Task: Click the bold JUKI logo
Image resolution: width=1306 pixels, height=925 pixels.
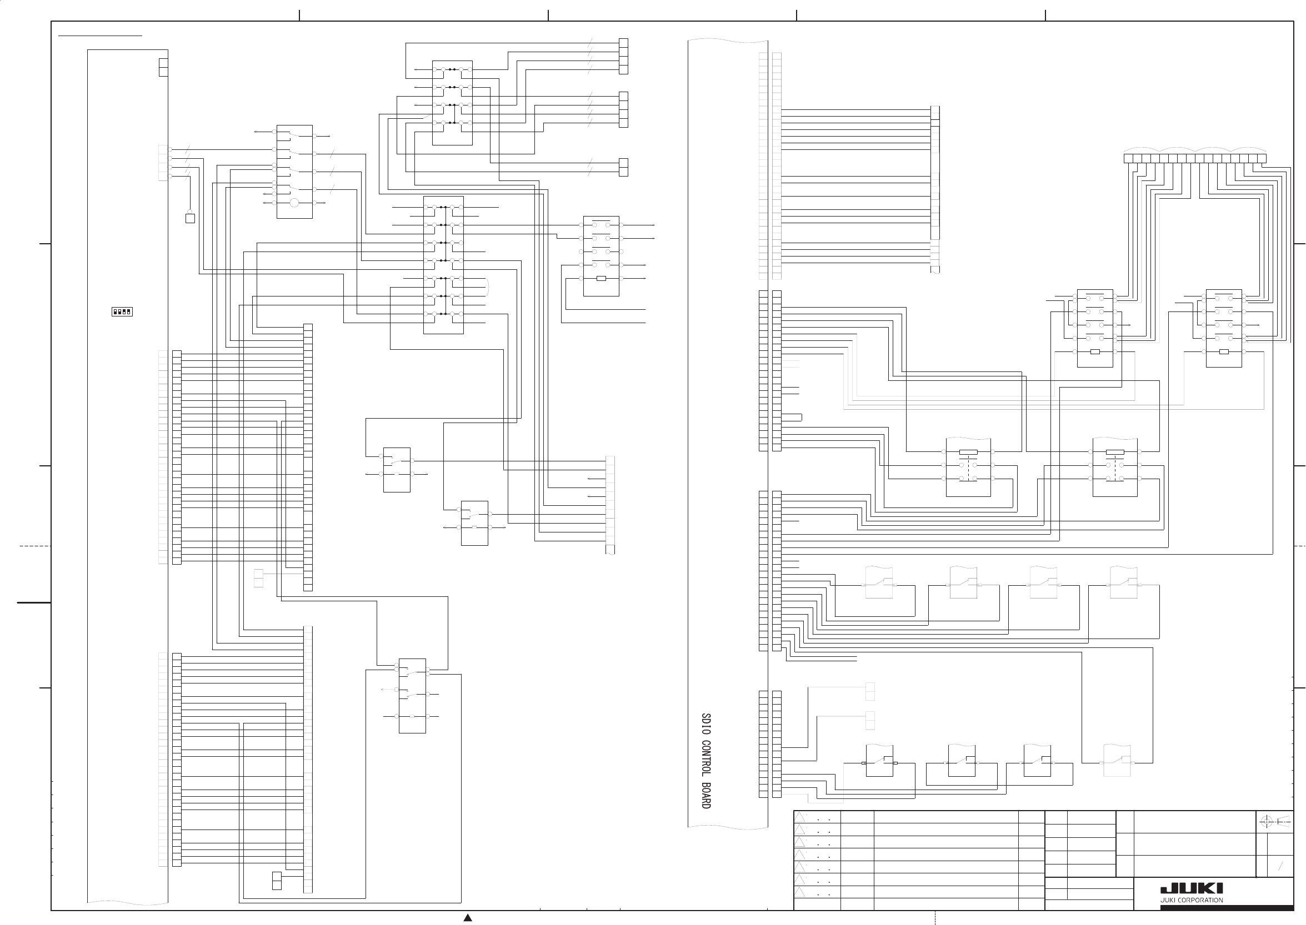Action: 1192,888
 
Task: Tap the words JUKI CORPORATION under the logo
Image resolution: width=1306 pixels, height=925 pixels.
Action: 1192,901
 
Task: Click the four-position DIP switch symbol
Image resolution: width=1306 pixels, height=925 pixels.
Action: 122,311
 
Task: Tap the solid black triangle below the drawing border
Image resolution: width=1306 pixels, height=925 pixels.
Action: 468,918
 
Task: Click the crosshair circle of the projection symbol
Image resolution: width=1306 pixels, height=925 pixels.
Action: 1266,822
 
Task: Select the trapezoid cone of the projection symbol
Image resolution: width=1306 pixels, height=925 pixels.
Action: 1283,822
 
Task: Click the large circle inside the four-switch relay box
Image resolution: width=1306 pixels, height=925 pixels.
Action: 294,203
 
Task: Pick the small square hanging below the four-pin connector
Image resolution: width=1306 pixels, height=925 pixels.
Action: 191,218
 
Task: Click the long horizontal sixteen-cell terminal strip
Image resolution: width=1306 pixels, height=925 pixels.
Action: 1195,158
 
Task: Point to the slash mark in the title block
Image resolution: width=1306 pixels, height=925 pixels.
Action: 1280,866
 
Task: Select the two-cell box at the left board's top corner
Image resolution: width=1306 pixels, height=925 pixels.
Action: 163,67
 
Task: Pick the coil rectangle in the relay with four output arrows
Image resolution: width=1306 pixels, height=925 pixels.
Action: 601,279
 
